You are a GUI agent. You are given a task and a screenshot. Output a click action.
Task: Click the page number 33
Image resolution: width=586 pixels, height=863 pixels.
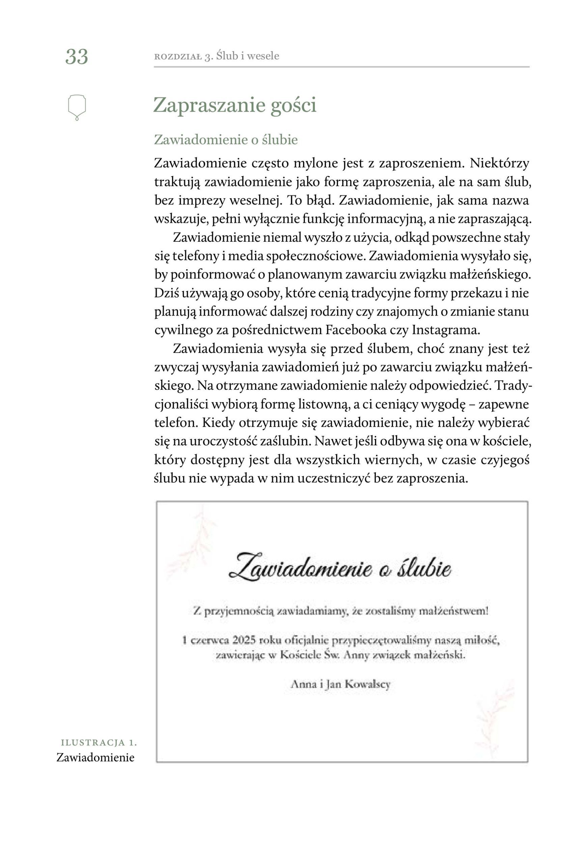tap(77, 57)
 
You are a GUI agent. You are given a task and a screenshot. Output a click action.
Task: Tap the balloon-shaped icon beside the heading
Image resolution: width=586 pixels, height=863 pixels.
tap(77, 107)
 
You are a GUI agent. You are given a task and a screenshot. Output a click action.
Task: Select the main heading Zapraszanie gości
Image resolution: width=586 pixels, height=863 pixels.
tap(235, 105)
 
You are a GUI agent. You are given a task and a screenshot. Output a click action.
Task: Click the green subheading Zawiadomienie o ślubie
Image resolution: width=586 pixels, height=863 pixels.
tap(226, 140)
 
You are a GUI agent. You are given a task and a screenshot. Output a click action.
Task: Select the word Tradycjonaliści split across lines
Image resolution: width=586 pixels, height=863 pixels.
tap(513, 385)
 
